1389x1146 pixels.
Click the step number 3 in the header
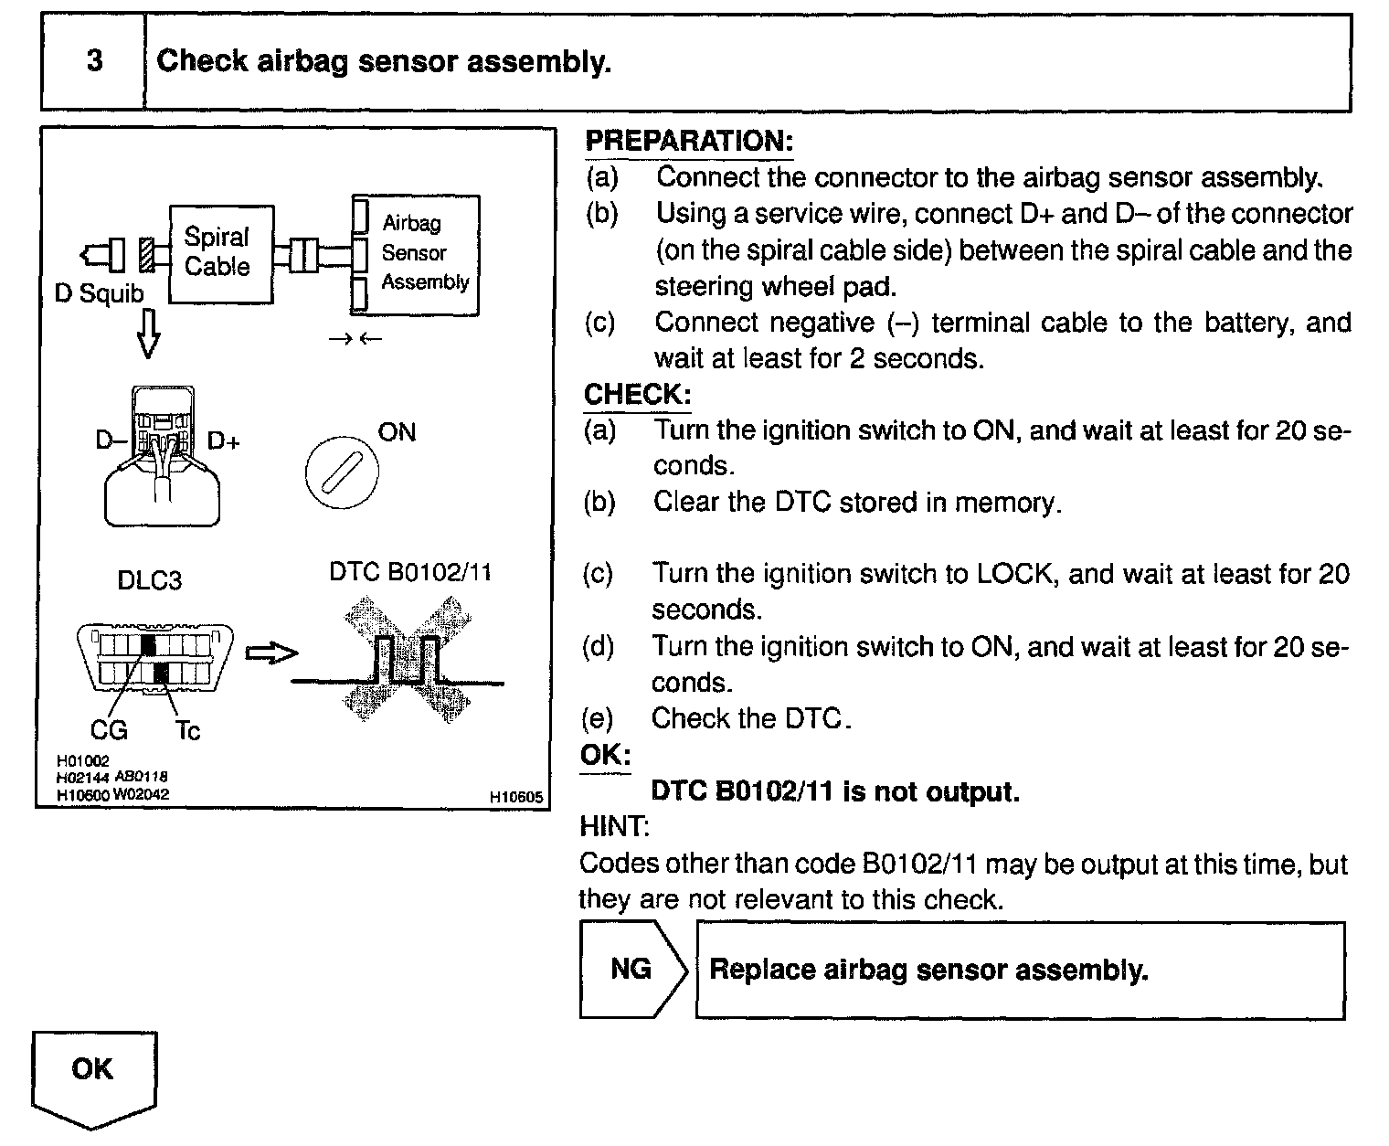pos(94,61)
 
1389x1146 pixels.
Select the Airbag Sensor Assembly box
pos(416,254)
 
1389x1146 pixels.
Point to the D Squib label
pos(99,293)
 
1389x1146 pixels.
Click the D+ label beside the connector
pos(224,441)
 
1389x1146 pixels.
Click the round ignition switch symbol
pos(341,473)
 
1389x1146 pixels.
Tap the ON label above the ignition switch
pos(397,431)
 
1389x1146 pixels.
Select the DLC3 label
pos(149,580)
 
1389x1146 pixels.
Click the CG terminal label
pos(109,730)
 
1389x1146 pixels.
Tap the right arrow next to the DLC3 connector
pos(271,653)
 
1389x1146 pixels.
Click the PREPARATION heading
pos(688,141)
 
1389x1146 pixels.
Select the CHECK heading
pos(637,395)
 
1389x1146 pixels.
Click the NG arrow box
pos(632,970)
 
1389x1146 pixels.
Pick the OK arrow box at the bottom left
pos(93,1074)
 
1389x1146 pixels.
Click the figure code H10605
pos(515,797)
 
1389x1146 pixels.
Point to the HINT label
pos(614,827)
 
